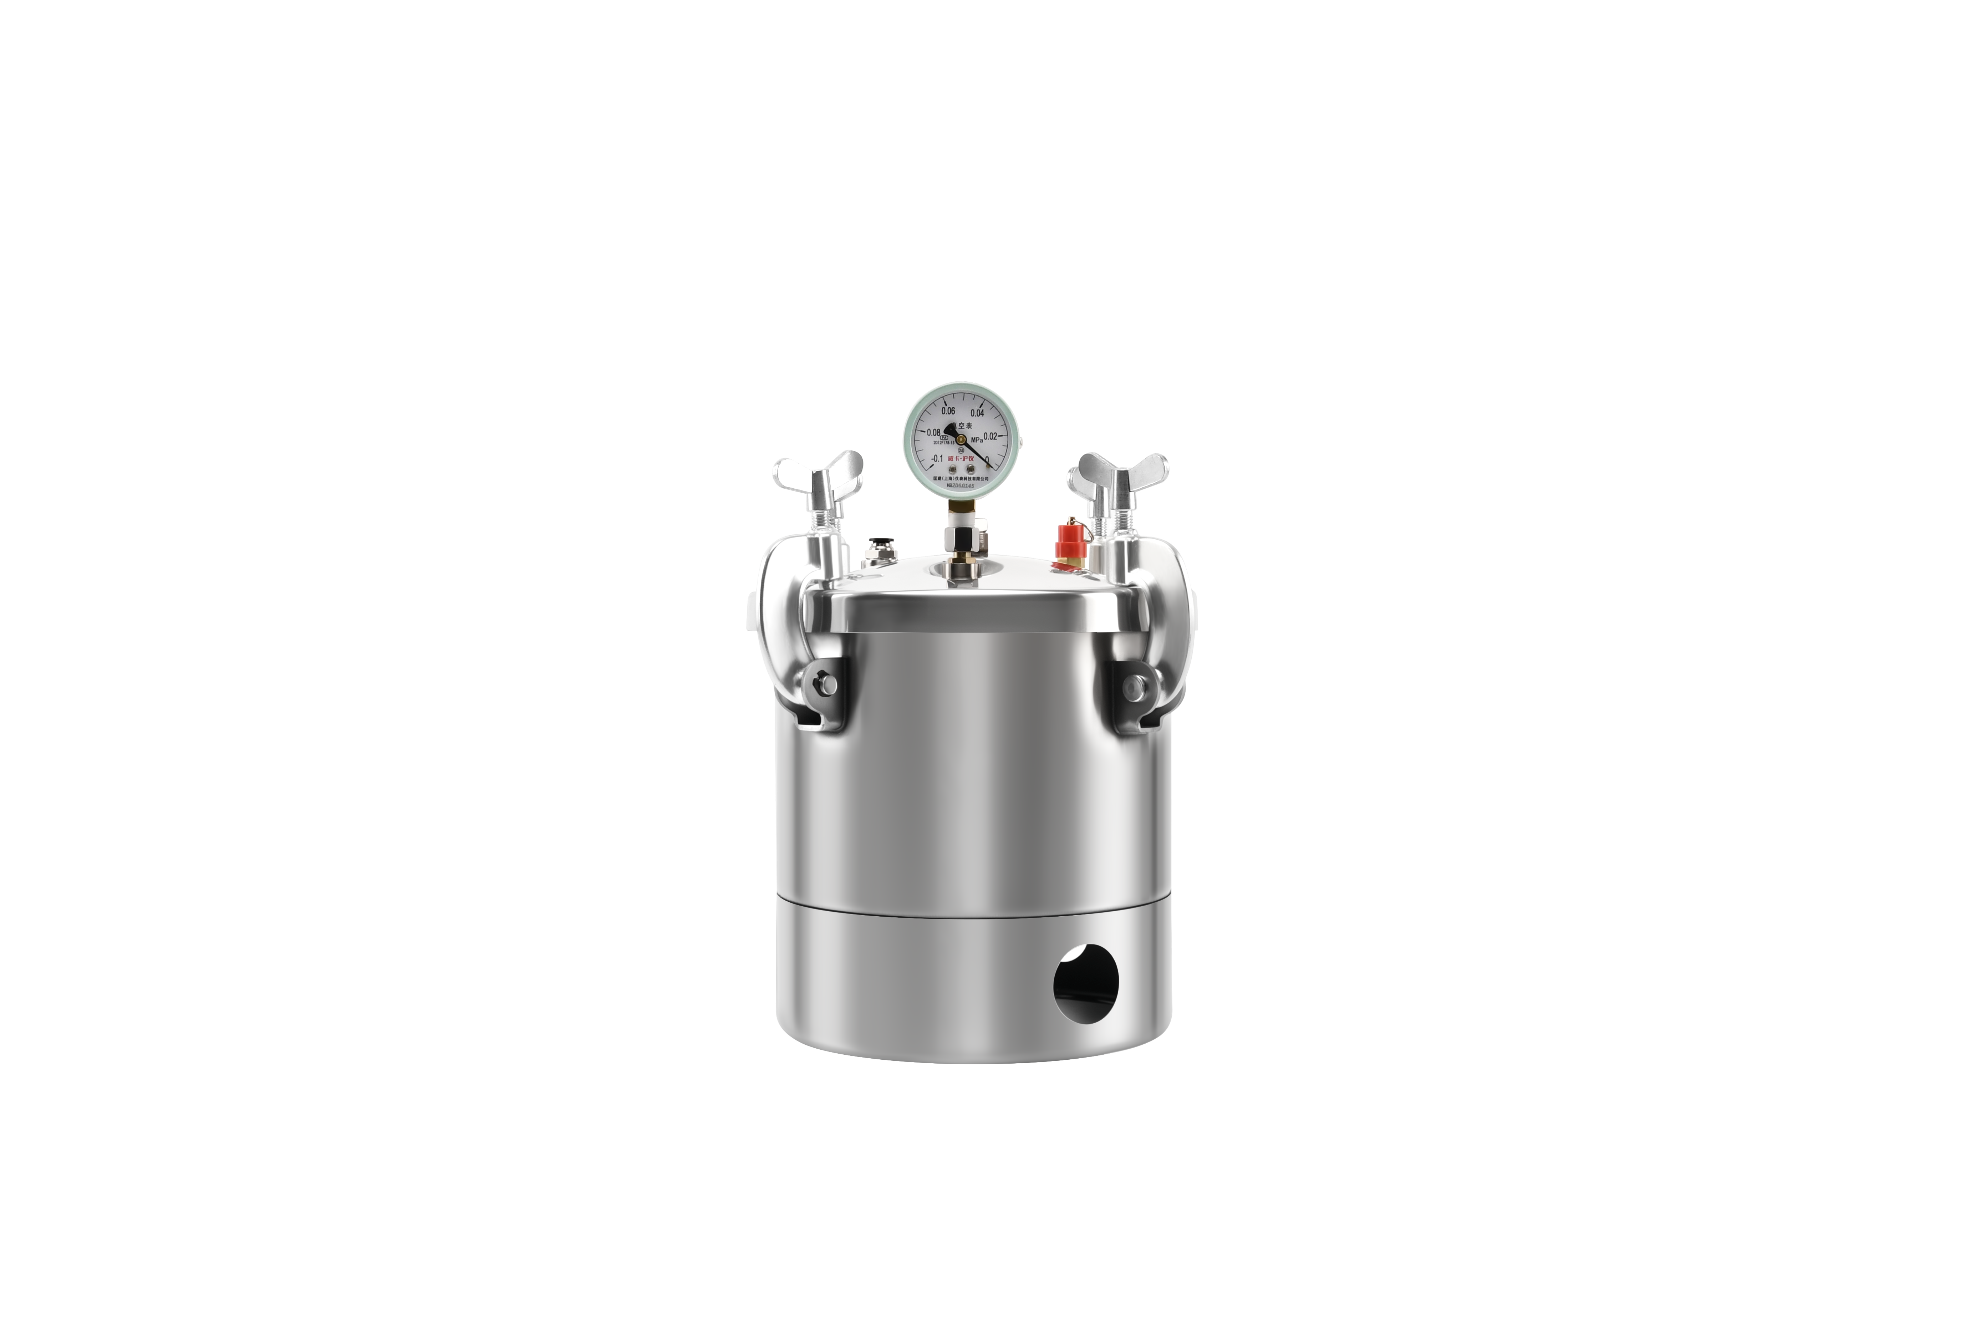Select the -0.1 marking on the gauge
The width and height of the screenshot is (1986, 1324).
(936, 458)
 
